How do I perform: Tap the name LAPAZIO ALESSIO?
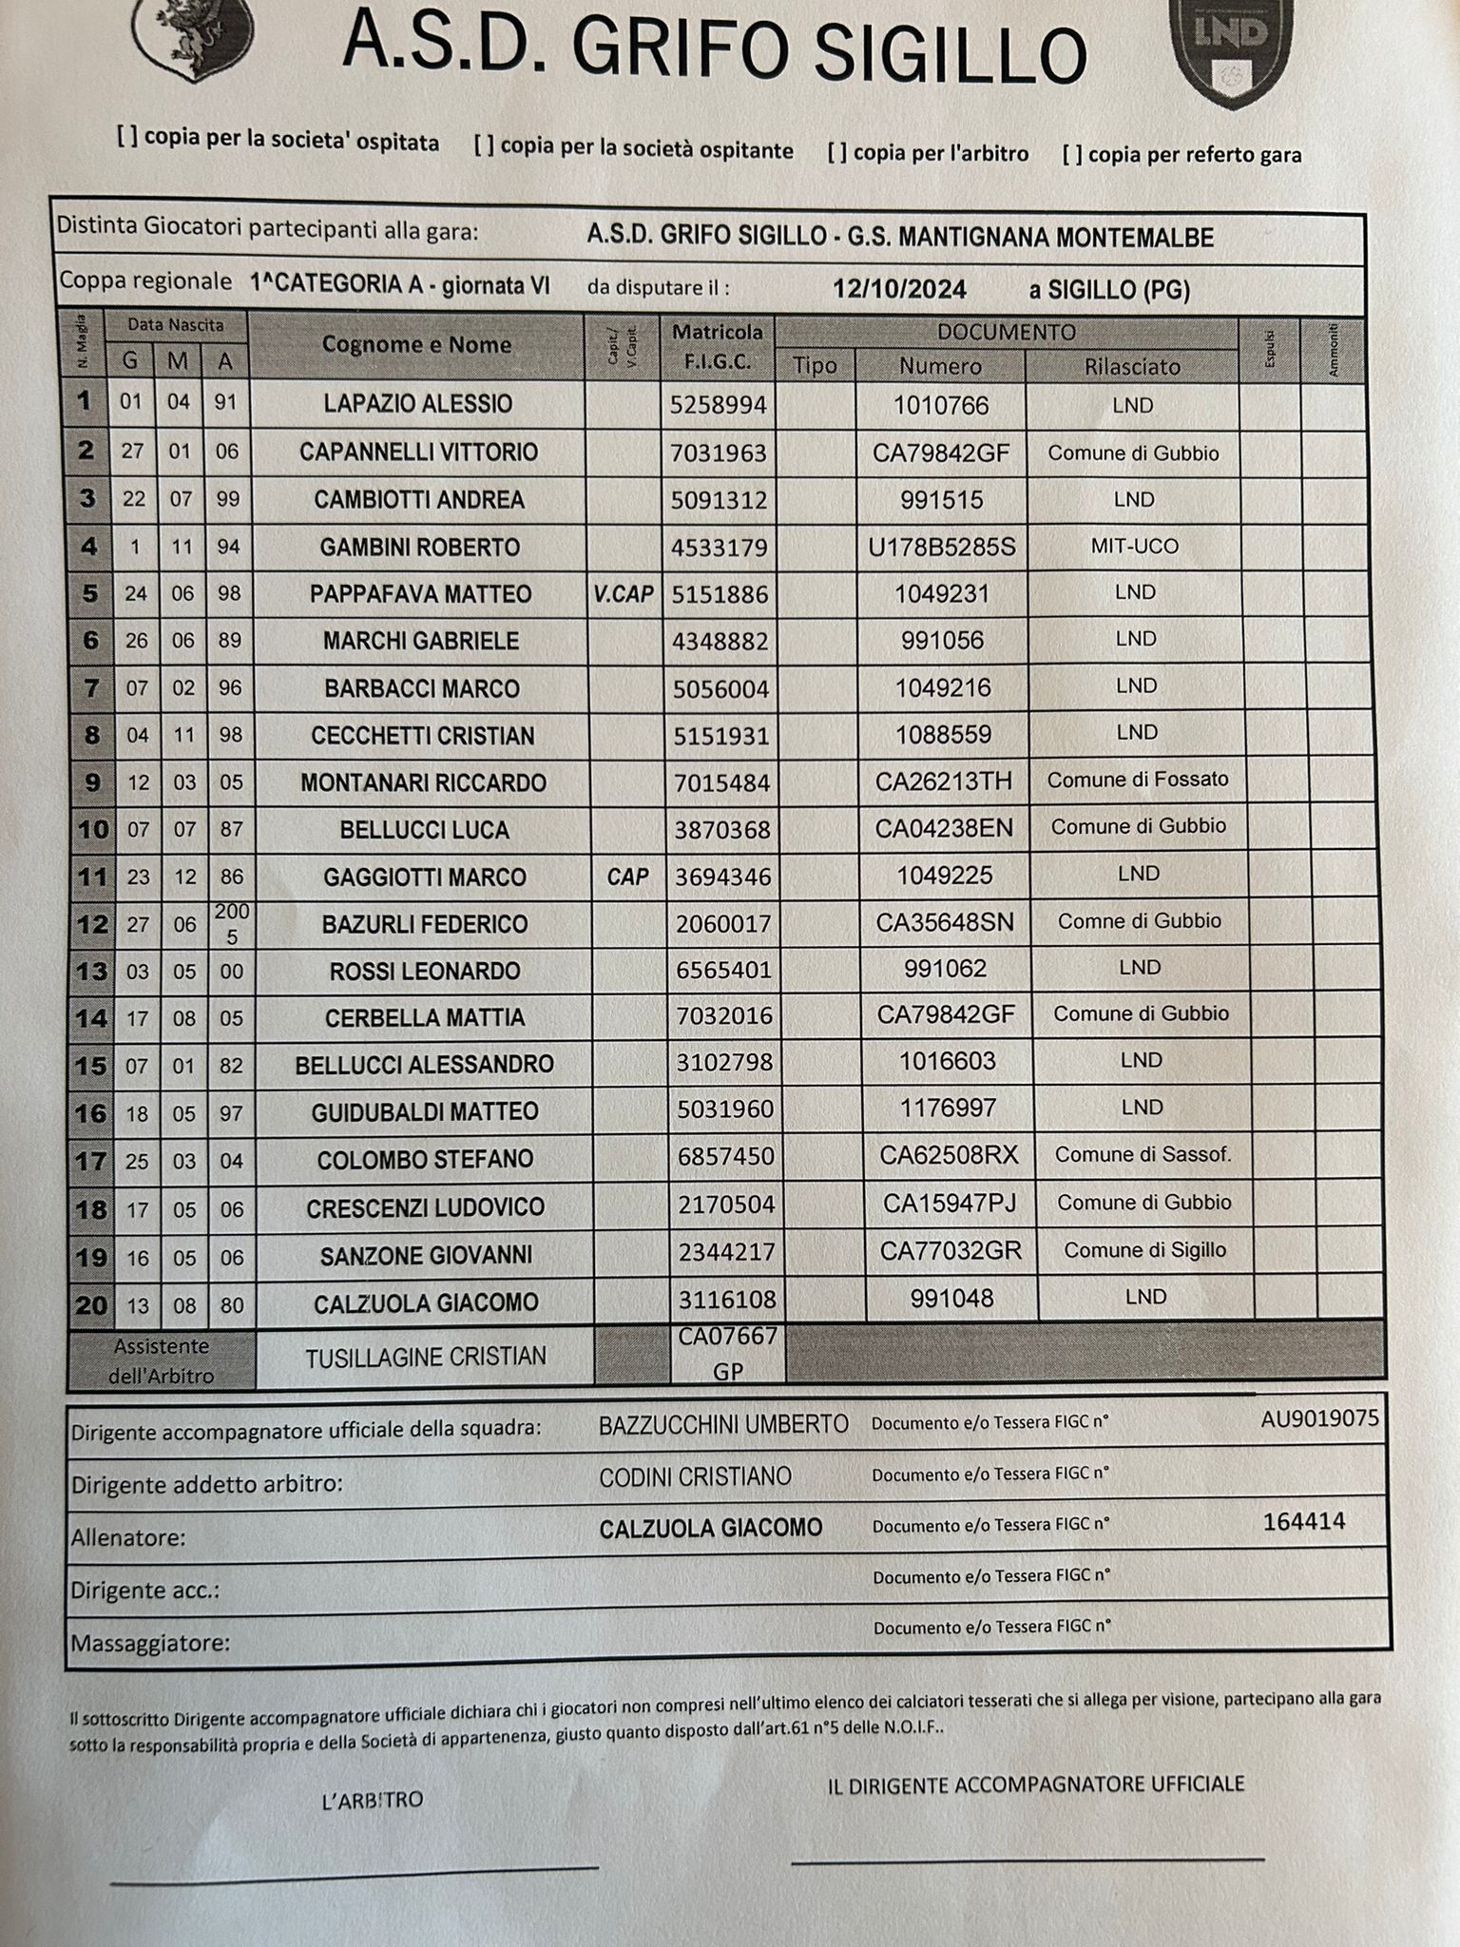417,404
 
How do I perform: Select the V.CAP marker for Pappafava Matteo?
624,594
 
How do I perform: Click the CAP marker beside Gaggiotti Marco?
627,877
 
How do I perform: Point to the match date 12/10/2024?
899,289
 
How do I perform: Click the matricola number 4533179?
720,548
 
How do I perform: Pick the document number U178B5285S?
942,548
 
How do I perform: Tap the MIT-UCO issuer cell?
1134,547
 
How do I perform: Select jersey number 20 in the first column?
91,1305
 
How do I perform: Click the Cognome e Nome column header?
416,345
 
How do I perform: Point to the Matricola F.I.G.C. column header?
718,347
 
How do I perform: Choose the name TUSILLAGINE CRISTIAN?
426,1357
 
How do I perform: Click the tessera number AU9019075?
1319,1419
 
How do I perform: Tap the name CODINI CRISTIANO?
695,1476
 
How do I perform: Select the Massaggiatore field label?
150,1643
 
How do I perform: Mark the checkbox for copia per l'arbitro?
837,152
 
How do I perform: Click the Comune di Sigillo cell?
1144,1250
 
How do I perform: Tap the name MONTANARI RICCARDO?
423,783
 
